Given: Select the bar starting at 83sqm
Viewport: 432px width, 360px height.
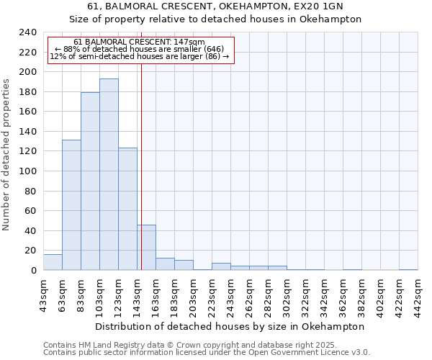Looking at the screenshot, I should point(90,181).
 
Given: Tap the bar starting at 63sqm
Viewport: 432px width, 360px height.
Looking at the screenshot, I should point(71,205).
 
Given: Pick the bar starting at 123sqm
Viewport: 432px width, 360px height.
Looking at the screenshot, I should point(127,209).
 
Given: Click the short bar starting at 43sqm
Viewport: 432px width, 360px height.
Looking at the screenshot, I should point(53,262).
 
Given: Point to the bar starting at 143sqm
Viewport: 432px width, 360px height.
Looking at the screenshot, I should point(146,248).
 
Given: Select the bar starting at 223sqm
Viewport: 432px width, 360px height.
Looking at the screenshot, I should point(221,266).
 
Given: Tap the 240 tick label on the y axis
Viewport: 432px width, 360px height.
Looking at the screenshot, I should point(28,32).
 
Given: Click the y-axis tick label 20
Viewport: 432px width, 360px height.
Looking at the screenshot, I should point(31,251).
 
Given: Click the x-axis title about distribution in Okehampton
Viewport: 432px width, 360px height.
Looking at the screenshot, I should point(230,326).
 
